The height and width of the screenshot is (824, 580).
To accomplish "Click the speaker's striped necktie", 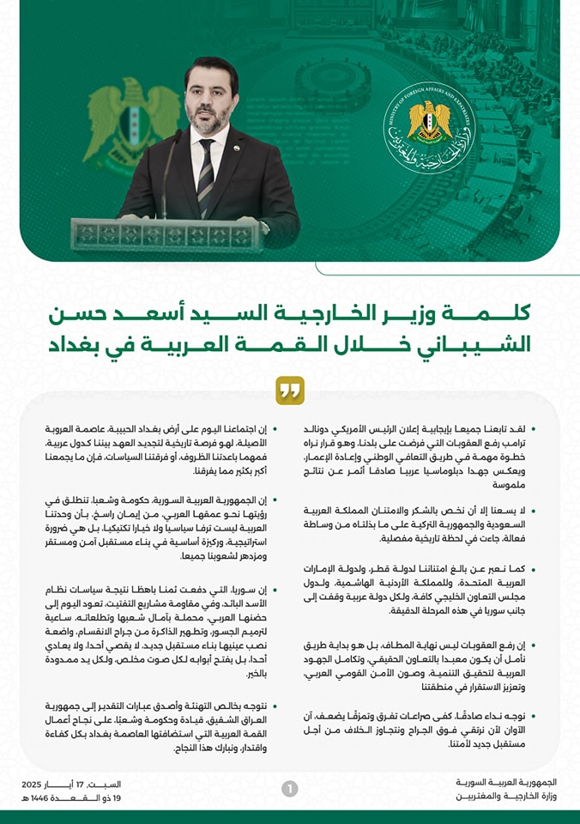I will click(x=206, y=175).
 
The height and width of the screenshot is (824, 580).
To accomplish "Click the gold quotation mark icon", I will click(x=290, y=391).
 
